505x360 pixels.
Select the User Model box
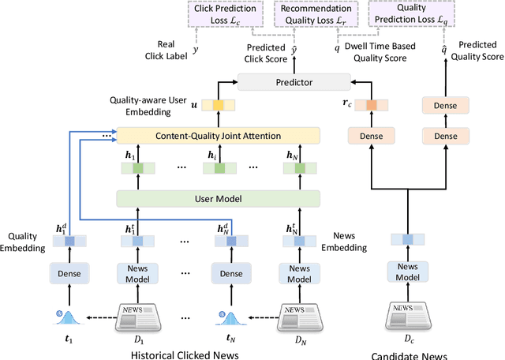click(x=218, y=198)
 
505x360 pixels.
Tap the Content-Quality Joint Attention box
click(x=218, y=136)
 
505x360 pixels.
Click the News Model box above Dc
click(x=407, y=272)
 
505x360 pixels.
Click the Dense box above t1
click(x=69, y=272)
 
